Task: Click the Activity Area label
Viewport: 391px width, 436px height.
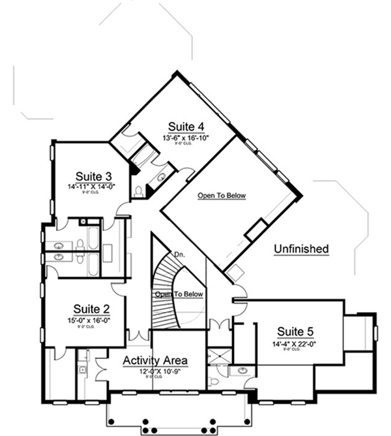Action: [x=155, y=360]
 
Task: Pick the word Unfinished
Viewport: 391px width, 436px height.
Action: [x=300, y=249]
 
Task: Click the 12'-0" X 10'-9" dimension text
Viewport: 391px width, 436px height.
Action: [x=156, y=371]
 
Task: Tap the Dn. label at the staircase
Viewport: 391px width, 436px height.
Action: [x=179, y=255]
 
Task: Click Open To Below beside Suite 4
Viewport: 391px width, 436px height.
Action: [x=222, y=195]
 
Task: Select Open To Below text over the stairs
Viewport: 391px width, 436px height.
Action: [x=179, y=294]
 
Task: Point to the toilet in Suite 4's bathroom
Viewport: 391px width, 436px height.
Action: [x=139, y=191]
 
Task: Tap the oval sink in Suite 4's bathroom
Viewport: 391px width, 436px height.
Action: [x=160, y=178]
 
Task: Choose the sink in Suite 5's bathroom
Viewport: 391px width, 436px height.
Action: [x=242, y=371]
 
